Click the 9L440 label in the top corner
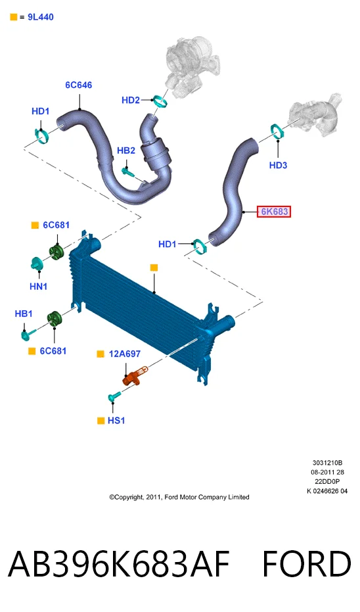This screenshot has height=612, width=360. click(x=41, y=17)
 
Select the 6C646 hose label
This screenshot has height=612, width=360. click(x=79, y=85)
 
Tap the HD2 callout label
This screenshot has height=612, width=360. click(x=131, y=101)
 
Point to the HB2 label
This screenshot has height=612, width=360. click(x=126, y=151)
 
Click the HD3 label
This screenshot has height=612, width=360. click(x=278, y=166)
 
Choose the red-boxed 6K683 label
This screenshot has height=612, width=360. click(x=274, y=212)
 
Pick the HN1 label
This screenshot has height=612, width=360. click(x=39, y=287)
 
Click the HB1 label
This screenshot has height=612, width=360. click(x=24, y=314)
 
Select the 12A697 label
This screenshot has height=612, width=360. click(x=125, y=354)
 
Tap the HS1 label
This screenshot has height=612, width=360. click(x=116, y=421)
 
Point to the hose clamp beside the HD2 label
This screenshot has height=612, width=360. click(x=160, y=101)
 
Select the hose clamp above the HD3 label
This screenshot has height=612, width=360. click(x=277, y=131)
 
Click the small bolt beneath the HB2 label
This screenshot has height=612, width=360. click(x=128, y=171)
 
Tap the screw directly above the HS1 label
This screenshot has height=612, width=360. click(x=114, y=397)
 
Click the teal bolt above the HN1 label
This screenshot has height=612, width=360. click(x=37, y=264)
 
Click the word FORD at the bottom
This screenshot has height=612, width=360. click(x=307, y=564)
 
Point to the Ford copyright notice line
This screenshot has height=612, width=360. click(x=179, y=497)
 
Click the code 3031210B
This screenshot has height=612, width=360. click(x=327, y=463)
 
